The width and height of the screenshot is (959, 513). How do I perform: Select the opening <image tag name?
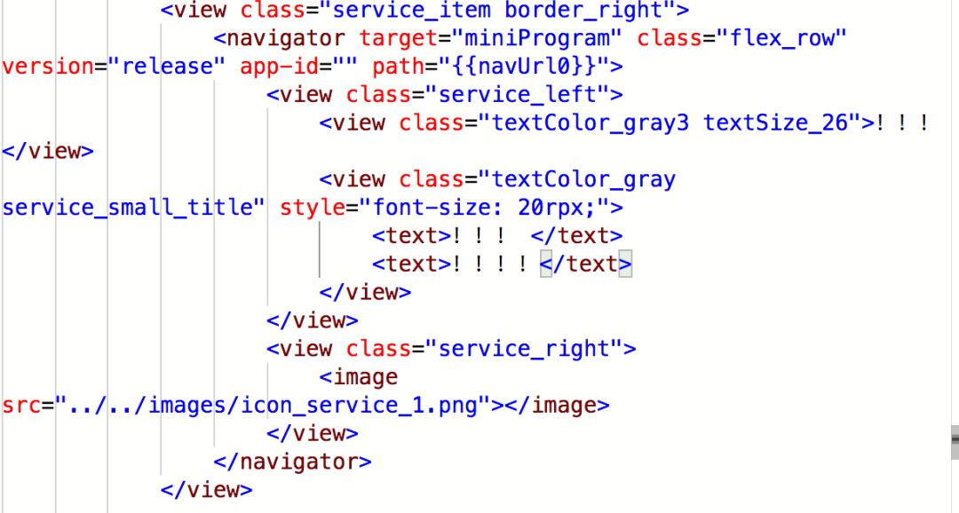click(365, 377)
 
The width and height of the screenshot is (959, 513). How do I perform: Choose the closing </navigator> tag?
click(292, 462)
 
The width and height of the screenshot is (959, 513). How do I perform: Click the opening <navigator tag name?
click(285, 39)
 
